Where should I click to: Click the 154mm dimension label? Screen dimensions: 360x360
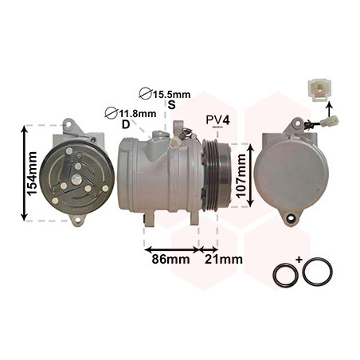(32, 174)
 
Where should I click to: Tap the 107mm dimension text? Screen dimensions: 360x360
(241, 176)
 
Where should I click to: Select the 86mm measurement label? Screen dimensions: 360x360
(170, 259)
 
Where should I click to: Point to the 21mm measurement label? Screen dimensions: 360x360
(223, 259)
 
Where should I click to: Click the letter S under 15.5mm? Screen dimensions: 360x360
(172, 105)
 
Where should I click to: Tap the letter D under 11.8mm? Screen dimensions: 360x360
(126, 124)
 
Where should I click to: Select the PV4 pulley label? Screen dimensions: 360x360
(217, 120)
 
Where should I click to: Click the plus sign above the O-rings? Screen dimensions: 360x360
(299, 259)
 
